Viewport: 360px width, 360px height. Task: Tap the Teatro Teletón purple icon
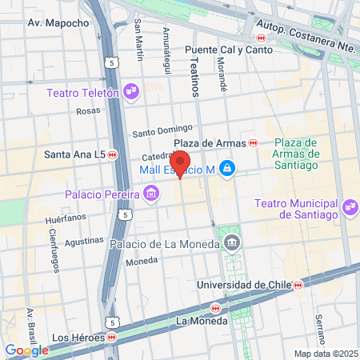pyautogui.click(x=132, y=93)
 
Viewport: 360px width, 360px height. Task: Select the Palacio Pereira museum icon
pyautogui.click(x=150, y=193)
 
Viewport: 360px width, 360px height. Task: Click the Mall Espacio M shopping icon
pyautogui.click(x=228, y=168)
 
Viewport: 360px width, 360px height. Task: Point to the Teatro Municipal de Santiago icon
pyautogui.click(x=348, y=208)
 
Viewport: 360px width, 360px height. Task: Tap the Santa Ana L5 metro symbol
pyautogui.click(x=112, y=154)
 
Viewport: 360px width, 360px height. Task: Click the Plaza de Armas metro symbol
pyautogui.click(x=253, y=142)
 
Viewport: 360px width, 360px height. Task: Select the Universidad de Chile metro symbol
pyautogui.click(x=298, y=284)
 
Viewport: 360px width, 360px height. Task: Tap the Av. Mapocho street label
pyautogui.click(x=58, y=23)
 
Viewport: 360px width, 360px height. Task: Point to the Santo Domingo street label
pyautogui.click(x=163, y=130)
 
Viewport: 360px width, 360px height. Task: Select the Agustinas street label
pyautogui.click(x=84, y=239)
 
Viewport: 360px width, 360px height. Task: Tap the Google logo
pyautogui.click(x=26, y=350)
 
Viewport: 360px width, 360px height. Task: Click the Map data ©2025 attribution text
pyautogui.click(x=325, y=354)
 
